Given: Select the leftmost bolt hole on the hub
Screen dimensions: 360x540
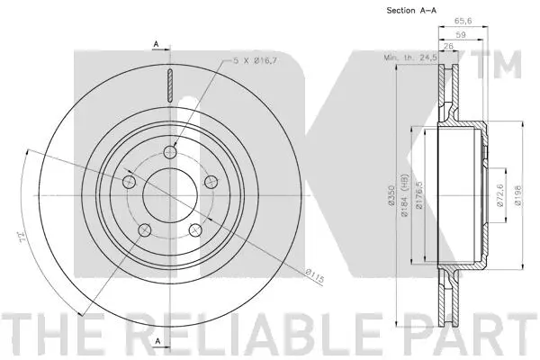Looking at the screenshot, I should click(128, 183).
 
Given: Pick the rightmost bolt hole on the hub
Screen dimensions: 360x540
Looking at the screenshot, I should click(212, 182).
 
